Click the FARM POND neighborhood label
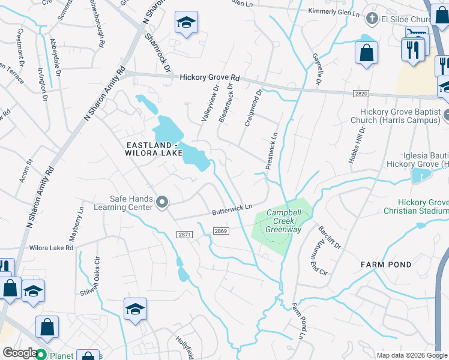[x=385, y=264]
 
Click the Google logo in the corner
[x=20, y=353]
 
